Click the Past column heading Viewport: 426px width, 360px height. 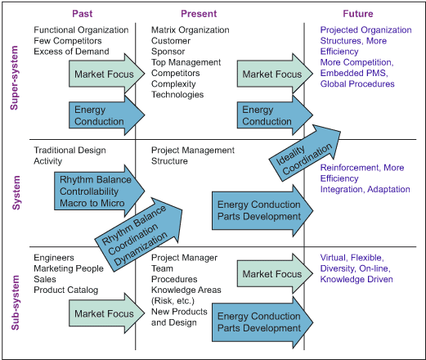[x=82, y=14]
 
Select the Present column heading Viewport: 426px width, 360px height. [x=199, y=14]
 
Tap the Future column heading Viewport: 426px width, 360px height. [x=358, y=14]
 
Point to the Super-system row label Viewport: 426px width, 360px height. [x=14, y=78]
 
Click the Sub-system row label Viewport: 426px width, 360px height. [x=16, y=303]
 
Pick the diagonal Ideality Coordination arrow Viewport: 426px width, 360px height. [x=305, y=153]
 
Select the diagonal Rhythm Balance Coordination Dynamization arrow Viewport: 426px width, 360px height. [x=138, y=235]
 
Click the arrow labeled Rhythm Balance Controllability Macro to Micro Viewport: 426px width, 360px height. [x=100, y=191]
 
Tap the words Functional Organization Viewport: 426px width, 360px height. [x=81, y=29]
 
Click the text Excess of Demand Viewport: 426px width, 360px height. [x=71, y=52]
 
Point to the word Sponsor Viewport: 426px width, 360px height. [x=168, y=52]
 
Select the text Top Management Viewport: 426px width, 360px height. [x=186, y=62]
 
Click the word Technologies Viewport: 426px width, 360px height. [x=177, y=95]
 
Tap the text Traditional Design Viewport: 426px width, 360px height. [x=70, y=150]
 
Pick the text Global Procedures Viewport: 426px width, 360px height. [x=357, y=83]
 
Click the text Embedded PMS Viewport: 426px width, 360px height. [x=354, y=73]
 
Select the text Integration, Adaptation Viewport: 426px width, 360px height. [x=365, y=189]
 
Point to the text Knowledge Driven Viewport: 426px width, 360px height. [x=356, y=279]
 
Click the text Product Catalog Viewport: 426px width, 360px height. [x=66, y=290]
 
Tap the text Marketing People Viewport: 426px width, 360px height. [x=69, y=268]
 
